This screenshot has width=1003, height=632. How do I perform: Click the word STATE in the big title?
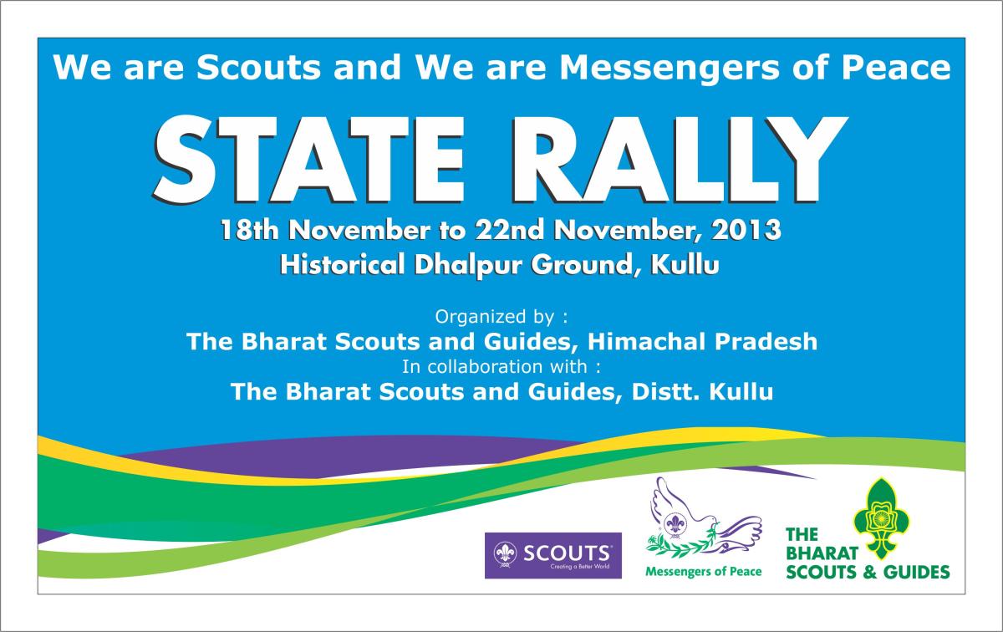coord(308,160)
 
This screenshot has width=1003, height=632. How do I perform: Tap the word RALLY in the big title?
coord(680,160)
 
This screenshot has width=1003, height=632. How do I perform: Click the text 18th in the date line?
coord(249,230)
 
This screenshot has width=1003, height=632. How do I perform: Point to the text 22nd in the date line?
coord(510,230)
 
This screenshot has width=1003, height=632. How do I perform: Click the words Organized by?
coord(495,317)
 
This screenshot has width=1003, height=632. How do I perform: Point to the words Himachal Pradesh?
coord(702,341)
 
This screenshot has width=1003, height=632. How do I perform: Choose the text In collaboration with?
coord(494,367)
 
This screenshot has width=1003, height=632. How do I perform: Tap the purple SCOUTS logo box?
coord(553,555)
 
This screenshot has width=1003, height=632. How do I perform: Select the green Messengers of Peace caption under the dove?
coord(704,572)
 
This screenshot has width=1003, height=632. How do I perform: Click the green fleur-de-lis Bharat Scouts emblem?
coord(881,518)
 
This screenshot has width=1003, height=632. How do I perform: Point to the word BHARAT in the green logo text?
coord(822,553)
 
